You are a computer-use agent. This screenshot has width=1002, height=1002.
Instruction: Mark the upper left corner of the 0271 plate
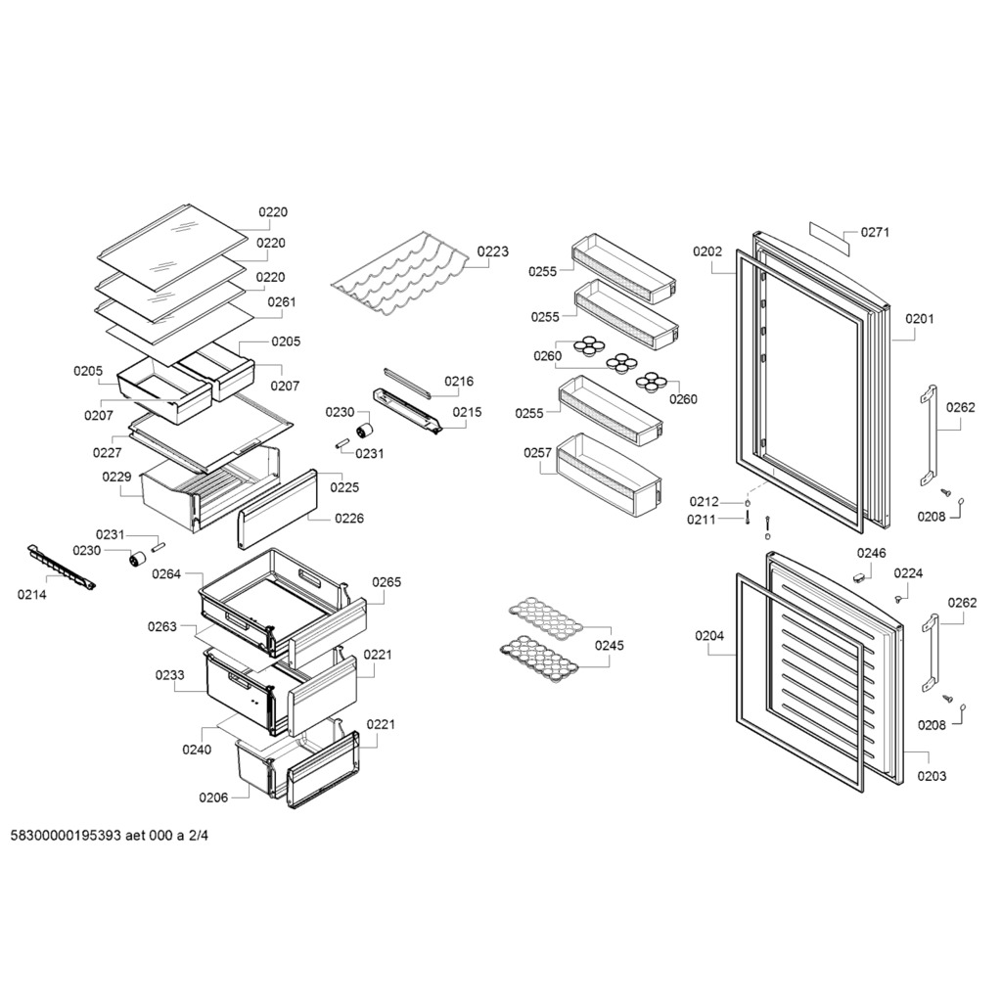tap(811, 222)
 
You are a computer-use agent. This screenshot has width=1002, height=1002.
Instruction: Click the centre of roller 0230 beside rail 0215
tap(365, 432)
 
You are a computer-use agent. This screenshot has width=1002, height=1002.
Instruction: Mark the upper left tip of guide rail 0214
tap(29, 546)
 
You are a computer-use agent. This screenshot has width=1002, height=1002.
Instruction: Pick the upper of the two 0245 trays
tap(552, 618)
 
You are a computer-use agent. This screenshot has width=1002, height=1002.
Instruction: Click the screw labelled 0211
tap(747, 519)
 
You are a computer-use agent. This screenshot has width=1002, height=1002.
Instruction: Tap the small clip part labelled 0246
tap(859, 577)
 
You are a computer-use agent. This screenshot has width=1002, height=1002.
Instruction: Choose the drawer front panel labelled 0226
tap(278, 509)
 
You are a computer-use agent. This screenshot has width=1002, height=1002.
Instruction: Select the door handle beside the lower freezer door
tap(931, 653)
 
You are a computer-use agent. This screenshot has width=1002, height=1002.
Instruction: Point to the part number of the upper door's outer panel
tap(919, 318)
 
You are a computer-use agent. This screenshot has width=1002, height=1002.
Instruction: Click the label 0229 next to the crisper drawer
tap(117, 477)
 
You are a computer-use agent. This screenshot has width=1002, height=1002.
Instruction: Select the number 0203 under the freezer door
tap(932, 776)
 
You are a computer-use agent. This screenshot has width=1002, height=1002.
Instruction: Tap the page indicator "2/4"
tap(198, 836)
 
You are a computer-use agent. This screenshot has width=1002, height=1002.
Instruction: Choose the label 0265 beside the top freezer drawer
tap(387, 582)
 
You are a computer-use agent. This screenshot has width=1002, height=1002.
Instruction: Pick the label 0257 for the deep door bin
tap(537, 453)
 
